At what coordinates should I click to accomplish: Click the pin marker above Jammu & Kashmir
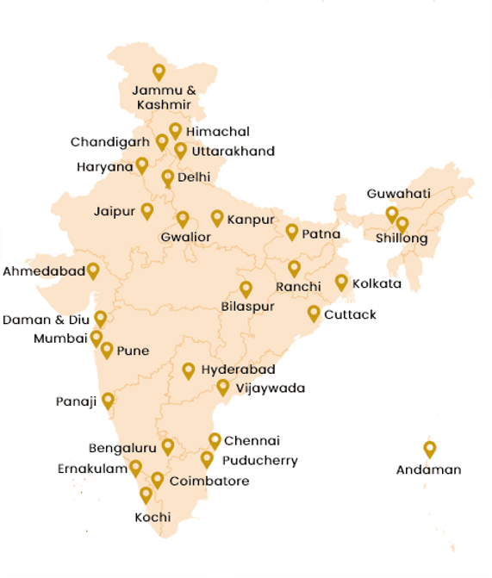(159, 72)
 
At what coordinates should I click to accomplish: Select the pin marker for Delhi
(168, 177)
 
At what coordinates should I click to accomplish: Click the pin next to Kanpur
(217, 218)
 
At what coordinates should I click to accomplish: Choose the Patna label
(321, 234)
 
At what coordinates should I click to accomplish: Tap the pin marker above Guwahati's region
(392, 214)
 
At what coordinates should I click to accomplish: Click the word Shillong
(402, 239)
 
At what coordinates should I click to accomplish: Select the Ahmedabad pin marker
(93, 270)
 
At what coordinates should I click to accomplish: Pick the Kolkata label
(377, 283)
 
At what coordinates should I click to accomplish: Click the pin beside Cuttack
(314, 313)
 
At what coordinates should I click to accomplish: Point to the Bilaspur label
(247, 308)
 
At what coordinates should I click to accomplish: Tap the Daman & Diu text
(46, 320)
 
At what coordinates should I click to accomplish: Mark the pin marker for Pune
(107, 350)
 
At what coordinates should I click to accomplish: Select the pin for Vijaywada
(223, 387)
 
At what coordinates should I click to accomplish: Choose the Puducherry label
(260, 461)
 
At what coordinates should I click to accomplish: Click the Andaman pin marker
(429, 449)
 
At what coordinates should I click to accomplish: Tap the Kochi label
(153, 518)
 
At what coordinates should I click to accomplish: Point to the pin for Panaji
(108, 400)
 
